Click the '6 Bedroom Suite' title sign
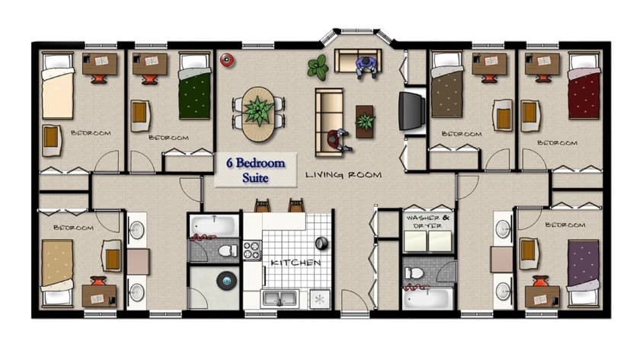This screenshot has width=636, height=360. (255, 170)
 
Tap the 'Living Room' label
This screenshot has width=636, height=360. (344, 175)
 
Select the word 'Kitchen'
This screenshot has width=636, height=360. (296, 263)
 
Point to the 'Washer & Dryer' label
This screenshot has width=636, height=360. (427, 221)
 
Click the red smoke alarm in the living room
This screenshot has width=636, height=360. (227, 60)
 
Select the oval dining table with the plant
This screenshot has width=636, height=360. (258, 114)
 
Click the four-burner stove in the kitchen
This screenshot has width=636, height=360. (252, 250)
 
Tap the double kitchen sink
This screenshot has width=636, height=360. (280, 299)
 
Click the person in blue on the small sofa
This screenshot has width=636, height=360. (366, 67)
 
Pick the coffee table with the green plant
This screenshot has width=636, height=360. (365, 122)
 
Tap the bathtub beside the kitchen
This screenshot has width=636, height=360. (214, 225)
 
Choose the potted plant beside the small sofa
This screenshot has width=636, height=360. (318, 67)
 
